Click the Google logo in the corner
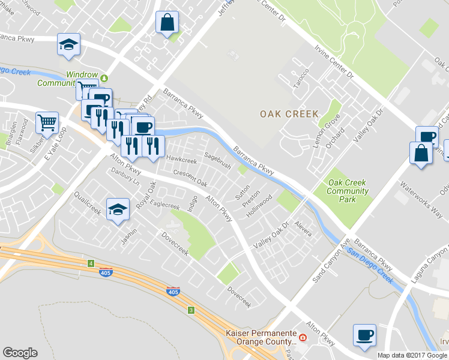tap(20, 352)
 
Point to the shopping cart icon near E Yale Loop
tap(47, 122)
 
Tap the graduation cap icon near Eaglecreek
tap(118, 209)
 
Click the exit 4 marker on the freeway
tap(91, 263)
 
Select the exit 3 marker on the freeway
tap(191, 310)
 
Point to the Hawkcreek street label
tap(181, 160)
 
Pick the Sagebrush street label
tap(217, 161)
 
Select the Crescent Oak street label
tap(190, 178)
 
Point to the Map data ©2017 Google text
tap(412, 355)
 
